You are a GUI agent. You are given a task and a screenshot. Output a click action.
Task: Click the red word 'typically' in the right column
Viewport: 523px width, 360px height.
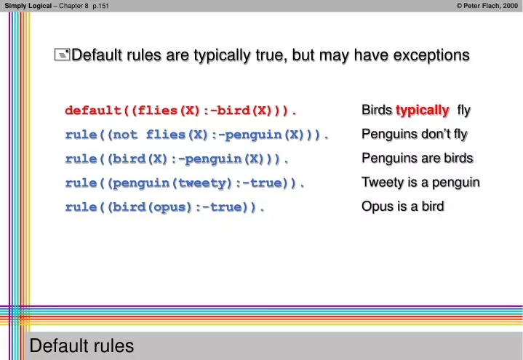(422, 111)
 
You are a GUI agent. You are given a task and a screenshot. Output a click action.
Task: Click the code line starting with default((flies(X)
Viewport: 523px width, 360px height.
(181, 111)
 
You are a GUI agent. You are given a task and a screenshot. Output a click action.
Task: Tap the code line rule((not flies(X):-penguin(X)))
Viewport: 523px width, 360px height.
(197, 135)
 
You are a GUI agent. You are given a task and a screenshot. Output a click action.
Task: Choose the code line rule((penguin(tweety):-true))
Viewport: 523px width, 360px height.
(185, 183)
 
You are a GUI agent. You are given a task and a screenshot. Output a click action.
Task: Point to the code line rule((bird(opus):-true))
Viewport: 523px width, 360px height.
(165, 207)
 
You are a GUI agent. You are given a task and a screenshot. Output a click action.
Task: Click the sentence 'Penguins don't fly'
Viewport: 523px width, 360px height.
(414, 135)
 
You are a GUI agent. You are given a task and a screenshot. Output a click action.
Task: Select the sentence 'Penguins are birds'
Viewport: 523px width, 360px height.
(417, 159)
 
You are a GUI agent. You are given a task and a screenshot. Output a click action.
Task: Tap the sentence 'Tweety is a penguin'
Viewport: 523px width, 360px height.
(420, 183)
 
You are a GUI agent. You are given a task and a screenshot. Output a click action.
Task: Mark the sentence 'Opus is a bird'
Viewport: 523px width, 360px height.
(402, 207)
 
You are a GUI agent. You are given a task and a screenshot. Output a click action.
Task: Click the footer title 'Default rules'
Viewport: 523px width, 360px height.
(81, 346)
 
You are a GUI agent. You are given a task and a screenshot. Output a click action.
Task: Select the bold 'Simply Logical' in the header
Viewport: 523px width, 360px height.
(28, 6)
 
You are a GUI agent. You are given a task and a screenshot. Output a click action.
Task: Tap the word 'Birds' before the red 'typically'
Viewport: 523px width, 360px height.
(377, 111)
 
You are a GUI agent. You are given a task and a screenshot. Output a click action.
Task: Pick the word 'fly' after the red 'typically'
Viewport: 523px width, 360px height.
(463, 111)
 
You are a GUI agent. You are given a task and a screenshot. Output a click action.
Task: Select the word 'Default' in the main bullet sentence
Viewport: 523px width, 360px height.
(96, 55)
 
